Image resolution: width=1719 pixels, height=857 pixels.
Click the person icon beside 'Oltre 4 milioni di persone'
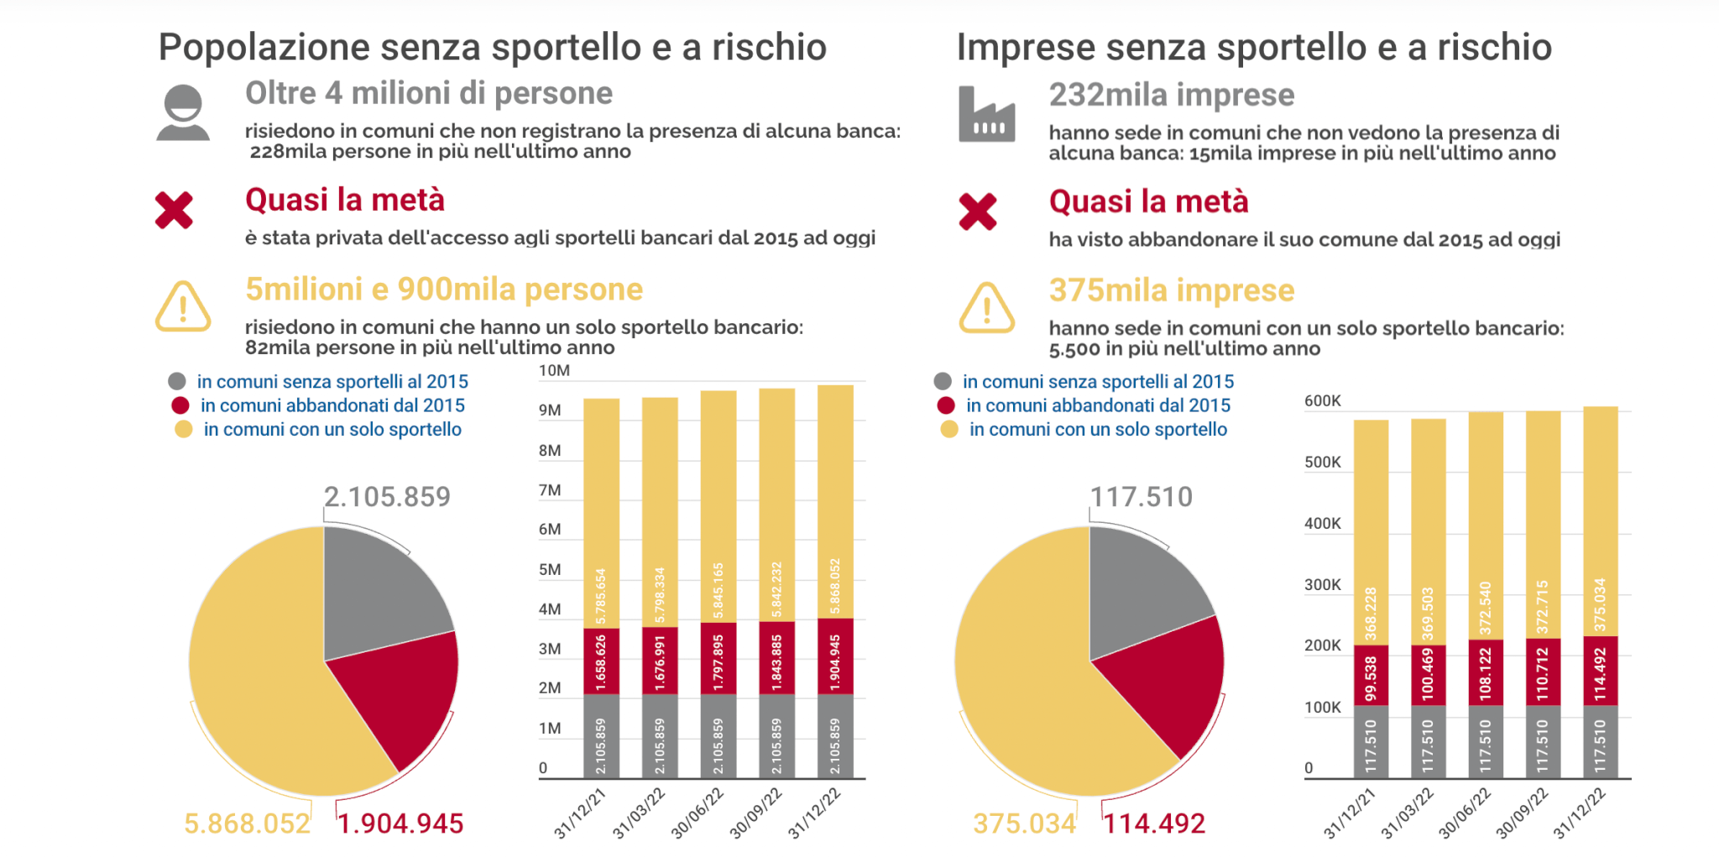[183, 112]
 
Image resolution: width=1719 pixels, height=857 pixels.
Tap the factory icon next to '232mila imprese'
[986, 115]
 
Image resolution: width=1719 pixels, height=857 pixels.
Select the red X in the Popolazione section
[174, 210]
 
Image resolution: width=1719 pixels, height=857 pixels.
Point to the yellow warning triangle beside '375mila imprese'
[986, 308]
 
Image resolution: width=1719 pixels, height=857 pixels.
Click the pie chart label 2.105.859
[387, 497]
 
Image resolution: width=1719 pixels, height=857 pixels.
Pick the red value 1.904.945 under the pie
[401, 823]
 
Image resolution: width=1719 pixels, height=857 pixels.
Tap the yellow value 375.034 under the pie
[1024, 823]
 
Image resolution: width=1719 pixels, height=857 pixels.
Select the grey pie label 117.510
[1141, 497]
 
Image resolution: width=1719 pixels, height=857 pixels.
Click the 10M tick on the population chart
[554, 371]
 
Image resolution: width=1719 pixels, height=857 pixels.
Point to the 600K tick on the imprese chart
[1322, 401]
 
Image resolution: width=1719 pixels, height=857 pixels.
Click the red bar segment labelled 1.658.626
[601, 661]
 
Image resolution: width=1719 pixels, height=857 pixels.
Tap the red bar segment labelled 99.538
[1371, 676]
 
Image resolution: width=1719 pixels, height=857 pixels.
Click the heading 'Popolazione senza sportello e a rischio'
[493, 47]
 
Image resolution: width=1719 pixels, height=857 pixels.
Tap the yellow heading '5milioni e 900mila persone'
[444, 290]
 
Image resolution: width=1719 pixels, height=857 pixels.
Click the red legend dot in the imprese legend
[946, 405]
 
